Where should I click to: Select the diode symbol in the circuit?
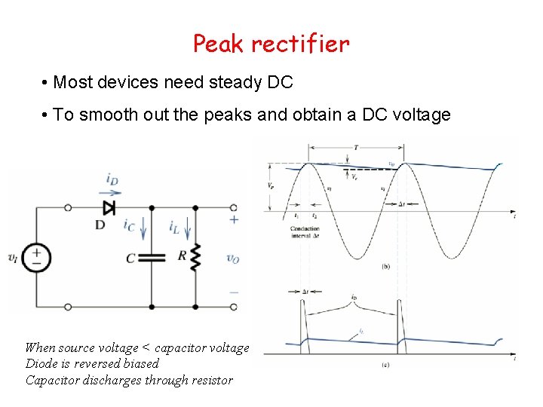109,207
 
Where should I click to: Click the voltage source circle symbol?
35,258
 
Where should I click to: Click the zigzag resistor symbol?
195,258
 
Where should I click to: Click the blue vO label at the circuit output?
233,258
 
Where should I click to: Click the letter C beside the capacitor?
130,259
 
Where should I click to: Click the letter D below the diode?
100,225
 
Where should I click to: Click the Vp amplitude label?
270,185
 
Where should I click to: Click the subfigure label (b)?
386,267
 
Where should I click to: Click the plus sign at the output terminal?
234,219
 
